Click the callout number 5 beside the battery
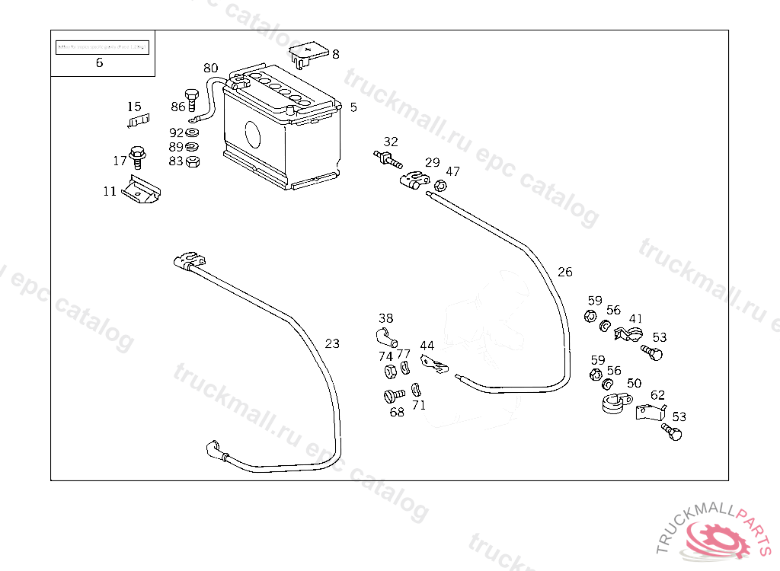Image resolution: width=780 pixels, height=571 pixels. tap(353, 107)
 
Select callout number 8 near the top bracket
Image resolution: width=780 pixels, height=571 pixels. tap(335, 54)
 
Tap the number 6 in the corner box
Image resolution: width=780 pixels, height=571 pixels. tap(99, 63)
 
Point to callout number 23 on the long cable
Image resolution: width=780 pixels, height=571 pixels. tap(332, 343)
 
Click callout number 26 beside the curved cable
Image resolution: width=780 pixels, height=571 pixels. tap(564, 272)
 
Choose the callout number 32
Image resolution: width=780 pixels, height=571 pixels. tap(391, 142)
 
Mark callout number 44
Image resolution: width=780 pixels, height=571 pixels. tap(427, 346)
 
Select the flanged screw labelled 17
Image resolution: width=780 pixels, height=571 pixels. tap(138, 157)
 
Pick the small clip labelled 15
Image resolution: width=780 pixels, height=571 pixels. tap(137, 120)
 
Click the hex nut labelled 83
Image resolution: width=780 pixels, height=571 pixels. tap(193, 161)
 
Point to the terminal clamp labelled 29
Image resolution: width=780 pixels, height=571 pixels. tap(412, 180)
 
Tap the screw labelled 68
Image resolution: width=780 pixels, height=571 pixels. tap(393, 396)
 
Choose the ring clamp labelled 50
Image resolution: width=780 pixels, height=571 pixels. tap(615, 404)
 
